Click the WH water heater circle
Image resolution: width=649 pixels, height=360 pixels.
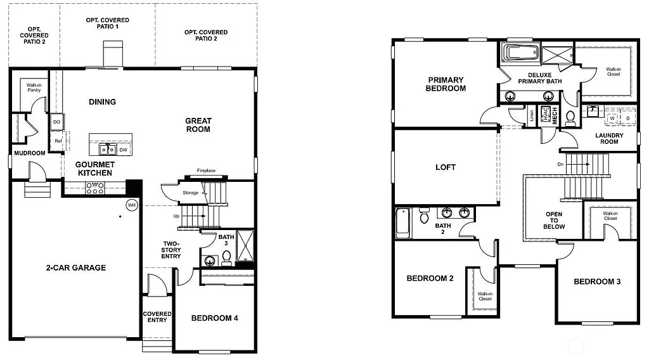pyautogui.click(x=132, y=205)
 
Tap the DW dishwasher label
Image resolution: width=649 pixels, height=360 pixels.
pyautogui.click(x=123, y=150)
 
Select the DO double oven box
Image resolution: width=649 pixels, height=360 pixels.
pyautogui.click(x=56, y=122)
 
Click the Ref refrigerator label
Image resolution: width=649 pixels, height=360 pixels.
pyautogui.click(x=58, y=141)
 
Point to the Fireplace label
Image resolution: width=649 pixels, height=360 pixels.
pyautogui.click(x=206, y=170)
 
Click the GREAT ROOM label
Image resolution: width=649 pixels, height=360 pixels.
pyautogui.click(x=198, y=125)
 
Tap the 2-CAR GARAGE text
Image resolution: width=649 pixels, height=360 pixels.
pyautogui.click(x=76, y=267)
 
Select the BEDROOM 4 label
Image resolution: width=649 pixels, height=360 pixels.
pyautogui.click(x=214, y=318)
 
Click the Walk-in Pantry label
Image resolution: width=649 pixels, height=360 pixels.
pyautogui.click(x=34, y=87)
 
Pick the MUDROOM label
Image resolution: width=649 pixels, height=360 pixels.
pyautogui.click(x=30, y=153)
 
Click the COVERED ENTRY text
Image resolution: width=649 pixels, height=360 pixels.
pyautogui.click(x=157, y=317)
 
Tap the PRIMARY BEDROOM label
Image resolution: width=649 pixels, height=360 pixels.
pyautogui.click(x=446, y=84)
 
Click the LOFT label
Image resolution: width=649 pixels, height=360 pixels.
pyautogui.click(x=446, y=167)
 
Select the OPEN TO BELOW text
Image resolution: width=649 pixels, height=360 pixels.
pyautogui.click(x=554, y=220)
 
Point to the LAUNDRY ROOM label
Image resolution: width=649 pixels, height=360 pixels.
pyautogui.click(x=609, y=138)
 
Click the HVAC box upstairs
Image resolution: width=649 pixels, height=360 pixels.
pyautogui.click(x=544, y=115)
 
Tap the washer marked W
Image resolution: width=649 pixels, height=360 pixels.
pyautogui.click(x=612, y=118)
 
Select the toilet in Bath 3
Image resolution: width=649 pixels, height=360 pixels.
pyautogui.click(x=226, y=258)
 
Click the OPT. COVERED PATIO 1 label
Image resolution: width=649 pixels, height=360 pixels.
pyautogui.click(x=107, y=24)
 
